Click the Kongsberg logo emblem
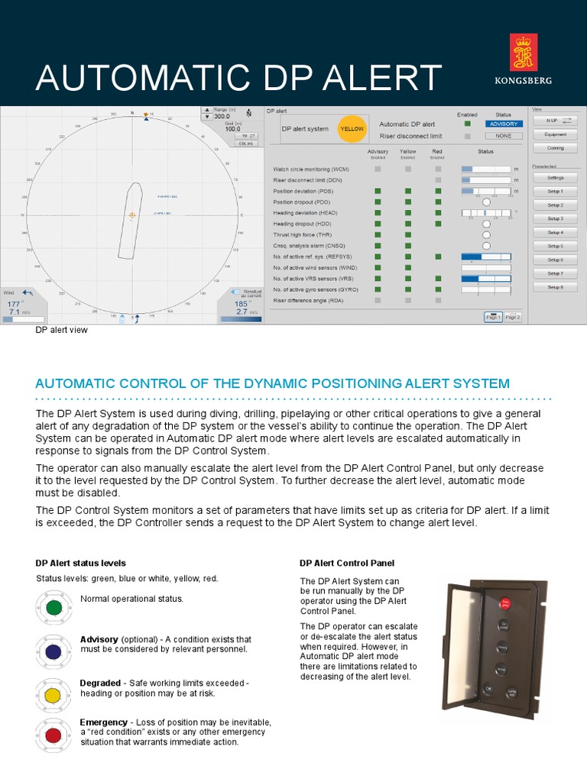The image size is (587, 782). [523, 53]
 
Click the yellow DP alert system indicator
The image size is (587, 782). [352, 129]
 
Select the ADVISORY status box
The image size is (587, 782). [503, 124]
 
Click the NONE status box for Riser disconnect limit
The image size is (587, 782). [503, 136]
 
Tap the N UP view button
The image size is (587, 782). [555, 121]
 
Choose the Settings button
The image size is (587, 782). [555, 177]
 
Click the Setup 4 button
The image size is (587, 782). [555, 232]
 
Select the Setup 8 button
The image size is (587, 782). [555, 287]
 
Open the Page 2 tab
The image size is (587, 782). [512, 317]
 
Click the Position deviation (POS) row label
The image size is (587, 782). [305, 191]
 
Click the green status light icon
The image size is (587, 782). [54, 608]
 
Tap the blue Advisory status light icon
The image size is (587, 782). [54, 651]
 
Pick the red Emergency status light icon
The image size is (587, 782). [54, 735]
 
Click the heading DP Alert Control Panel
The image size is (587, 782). [347, 563]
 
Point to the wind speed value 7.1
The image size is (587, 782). [15, 312]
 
